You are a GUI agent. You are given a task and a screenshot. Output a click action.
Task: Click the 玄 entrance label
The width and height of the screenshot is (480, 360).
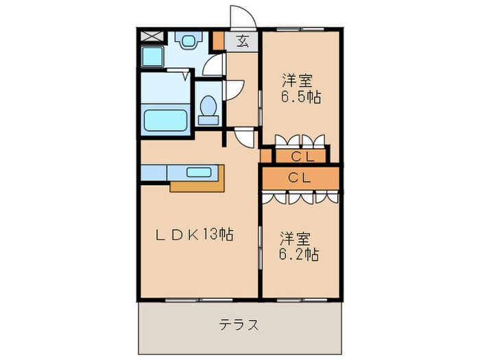tap(242, 40)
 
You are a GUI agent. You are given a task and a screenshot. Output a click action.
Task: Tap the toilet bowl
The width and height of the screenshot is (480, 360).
tap(207, 108)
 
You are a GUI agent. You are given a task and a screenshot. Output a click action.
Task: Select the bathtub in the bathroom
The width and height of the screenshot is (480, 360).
tap(165, 120)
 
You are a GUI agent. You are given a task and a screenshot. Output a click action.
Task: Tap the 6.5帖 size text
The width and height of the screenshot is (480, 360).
tap(300, 97)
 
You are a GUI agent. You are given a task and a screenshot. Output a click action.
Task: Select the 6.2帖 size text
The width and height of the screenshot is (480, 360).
tap(298, 255)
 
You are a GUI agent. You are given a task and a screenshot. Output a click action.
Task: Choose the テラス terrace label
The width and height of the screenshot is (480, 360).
tap(239, 324)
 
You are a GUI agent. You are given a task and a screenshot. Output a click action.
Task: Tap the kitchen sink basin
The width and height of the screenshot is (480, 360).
tap(200, 171)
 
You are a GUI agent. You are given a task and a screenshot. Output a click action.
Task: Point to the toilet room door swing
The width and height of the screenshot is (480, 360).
tap(234, 90)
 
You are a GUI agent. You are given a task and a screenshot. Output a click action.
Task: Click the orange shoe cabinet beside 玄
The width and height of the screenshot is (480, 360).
tap(218, 40)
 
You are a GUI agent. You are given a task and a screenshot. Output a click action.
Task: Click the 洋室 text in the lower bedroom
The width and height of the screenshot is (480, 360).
tap(295, 239)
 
